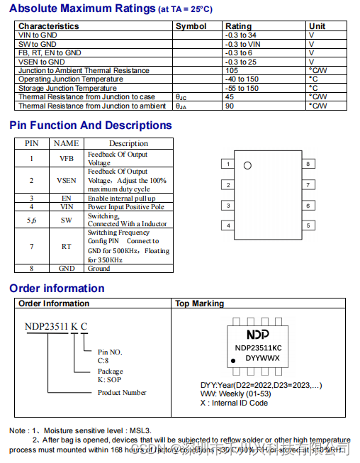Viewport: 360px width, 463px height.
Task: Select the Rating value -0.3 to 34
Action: click(x=240, y=35)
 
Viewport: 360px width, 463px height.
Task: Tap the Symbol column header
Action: click(x=191, y=26)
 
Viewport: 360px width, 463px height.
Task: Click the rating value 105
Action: click(x=232, y=70)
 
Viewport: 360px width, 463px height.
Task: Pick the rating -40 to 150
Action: click(x=242, y=79)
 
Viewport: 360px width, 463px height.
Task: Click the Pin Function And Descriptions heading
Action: click(x=91, y=125)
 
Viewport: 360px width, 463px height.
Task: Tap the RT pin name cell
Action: click(x=67, y=246)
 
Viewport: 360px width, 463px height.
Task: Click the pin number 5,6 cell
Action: click(x=32, y=220)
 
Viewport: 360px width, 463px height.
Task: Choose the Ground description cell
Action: click(x=99, y=269)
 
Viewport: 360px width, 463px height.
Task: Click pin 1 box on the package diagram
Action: click(x=227, y=164)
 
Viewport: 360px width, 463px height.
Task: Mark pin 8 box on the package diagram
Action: click(x=308, y=164)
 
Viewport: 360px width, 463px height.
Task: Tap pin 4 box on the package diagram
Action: click(x=227, y=226)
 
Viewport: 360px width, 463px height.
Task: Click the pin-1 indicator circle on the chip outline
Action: click(x=247, y=166)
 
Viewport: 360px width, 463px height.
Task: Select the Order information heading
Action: click(x=57, y=289)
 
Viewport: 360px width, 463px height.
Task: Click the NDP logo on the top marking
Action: click(x=258, y=334)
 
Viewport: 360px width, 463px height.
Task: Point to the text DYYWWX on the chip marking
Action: click(x=262, y=358)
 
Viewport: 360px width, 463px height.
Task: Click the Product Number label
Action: click(x=122, y=392)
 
